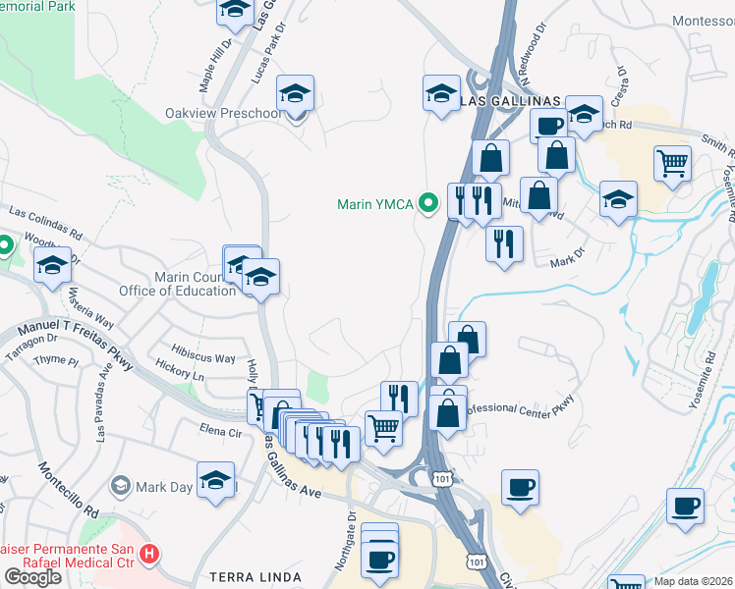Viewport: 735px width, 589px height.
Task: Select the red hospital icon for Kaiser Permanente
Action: pos(149,555)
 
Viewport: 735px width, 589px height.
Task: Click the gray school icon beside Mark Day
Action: pos(121,485)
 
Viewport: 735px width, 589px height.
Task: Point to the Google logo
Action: pos(32,577)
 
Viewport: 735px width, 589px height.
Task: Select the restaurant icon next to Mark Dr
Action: pos(504,242)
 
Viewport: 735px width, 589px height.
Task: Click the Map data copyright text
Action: pos(694,580)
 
